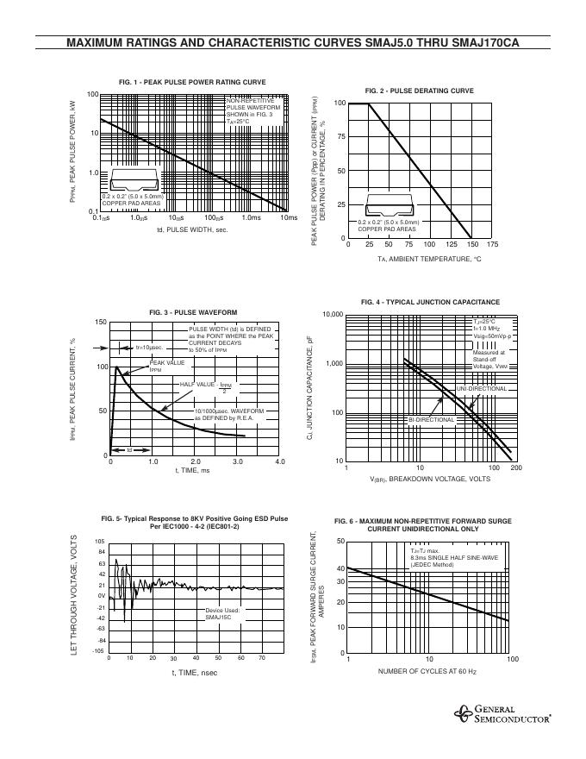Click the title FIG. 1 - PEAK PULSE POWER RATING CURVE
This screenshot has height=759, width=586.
click(192, 82)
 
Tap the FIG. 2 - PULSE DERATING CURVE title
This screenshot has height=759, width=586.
click(419, 91)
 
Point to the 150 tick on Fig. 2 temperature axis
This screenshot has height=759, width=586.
click(471, 245)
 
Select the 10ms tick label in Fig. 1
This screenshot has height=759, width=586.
click(290, 217)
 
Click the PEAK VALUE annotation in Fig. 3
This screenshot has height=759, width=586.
click(167, 366)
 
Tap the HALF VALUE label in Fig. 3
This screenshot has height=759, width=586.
click(197, 385)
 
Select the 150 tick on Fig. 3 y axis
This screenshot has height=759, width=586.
click(101, 323)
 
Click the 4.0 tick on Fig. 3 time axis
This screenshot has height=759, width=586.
click(279, 462)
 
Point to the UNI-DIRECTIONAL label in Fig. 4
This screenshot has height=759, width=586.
click(483, 389)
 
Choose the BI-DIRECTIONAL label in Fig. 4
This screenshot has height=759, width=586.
click(432, 420)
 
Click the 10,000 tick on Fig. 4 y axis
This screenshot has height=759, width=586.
click(333, 315)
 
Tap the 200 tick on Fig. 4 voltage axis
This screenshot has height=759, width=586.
click(516, 467)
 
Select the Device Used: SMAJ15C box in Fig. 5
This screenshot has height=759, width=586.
click(223, 613)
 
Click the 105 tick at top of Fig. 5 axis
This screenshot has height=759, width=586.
click(99, 541)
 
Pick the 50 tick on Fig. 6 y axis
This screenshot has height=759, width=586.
click(340, 541)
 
